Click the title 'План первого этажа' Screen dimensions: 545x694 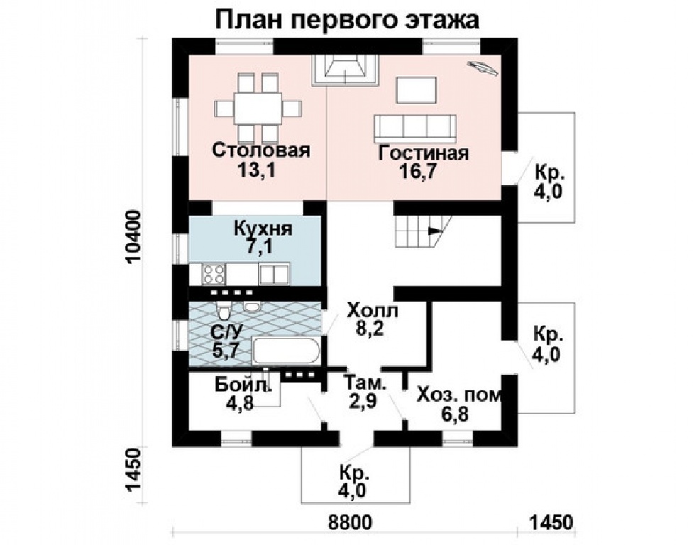point(347,18)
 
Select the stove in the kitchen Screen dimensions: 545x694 point(214,272)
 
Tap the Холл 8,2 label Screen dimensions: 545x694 point(373,319)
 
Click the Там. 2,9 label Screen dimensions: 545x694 point(365,392)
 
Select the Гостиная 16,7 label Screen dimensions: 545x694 point(423,162)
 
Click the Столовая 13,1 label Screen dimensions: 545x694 point(261,159)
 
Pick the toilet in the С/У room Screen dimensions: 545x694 point(224,312)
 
